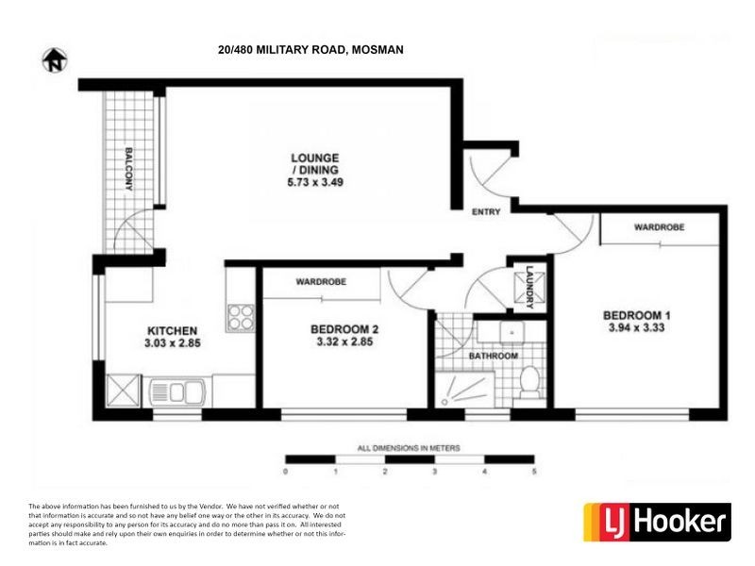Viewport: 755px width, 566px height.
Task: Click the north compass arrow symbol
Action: pyautogui.click(x=55, y=60)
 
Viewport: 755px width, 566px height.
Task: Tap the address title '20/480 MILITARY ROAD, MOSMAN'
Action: pyautogui.click(x=310, y=50)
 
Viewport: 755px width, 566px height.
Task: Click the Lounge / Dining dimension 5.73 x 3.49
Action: pyautogui.click(x=315, y=183)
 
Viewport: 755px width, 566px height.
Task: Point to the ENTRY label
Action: pyautogui.click(x=486, y=212)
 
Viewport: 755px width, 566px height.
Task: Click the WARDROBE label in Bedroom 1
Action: pyautogui.click(x=659, y=228)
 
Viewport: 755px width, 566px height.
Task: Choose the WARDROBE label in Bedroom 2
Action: pyautogui.click(x=321, y=282)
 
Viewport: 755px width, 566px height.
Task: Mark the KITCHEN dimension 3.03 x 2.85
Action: pyautogui.click(x=171, y=343)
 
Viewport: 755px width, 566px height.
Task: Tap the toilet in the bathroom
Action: pyautogui.click(x=529, y=381)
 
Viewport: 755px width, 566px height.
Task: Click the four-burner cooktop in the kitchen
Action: pyautogui.click(x=241, y=317)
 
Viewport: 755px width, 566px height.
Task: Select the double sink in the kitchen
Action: pyautogui.click(x=176, y=390)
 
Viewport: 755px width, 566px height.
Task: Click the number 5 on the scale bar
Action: pyautogui.click(x=535, y=471)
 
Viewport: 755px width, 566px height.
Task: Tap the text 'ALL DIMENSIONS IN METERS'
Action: pyautogui.click(x=409, y=447)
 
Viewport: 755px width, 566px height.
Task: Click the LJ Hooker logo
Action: pyautogui.click(x=657, y=522)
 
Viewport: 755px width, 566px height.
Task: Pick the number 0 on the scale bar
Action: pyautogui.click(x=286, y=471)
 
